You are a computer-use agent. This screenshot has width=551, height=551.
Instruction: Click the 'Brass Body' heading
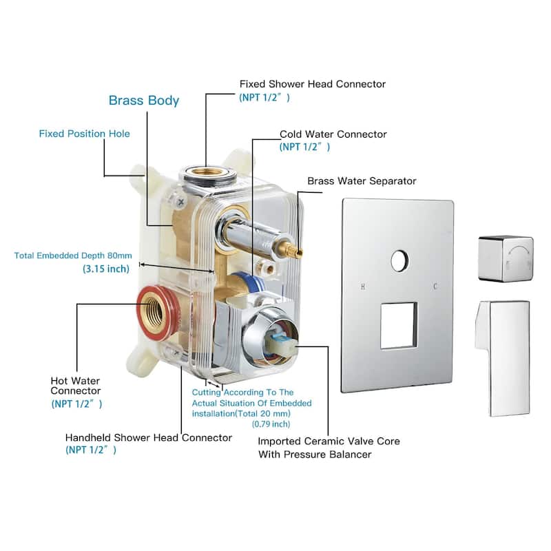click(144, 101)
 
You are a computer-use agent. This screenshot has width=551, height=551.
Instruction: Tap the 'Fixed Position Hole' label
click(84, 134)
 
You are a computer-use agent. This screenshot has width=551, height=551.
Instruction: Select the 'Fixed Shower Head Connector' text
click(312, 84)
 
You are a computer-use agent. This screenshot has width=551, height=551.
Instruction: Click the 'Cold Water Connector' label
click(333, 134)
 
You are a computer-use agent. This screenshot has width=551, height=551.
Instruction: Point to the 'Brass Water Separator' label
click(362, 181)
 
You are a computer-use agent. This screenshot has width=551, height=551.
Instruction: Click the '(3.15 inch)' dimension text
click(106, 269)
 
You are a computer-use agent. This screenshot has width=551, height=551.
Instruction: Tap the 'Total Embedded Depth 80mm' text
click(71, 256)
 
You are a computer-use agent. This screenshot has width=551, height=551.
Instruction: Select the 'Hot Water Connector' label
click(75, 386)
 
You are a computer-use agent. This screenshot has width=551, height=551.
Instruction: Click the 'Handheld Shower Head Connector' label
click(148, 437)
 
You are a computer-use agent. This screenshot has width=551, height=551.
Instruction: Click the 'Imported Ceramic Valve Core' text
click(329, 441)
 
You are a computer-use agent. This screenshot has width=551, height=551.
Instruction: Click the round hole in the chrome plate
click(399, 260)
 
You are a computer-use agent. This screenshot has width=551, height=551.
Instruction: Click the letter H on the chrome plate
click(362, 286)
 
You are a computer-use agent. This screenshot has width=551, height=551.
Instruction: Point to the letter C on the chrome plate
click(435, 286)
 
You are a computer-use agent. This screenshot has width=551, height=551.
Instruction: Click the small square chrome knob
click(505, 258)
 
